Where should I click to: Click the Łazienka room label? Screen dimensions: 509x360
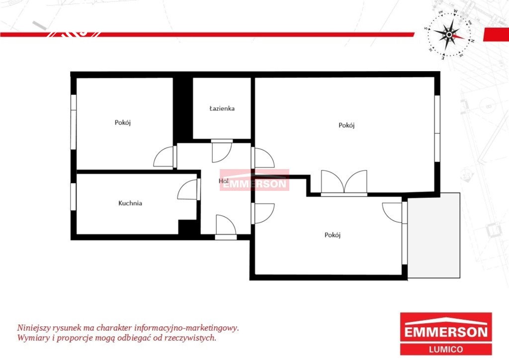[x=222, y=108]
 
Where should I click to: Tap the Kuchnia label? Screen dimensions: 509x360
[x=130, y=203]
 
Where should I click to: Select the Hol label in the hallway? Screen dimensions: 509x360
[x=224, y=181]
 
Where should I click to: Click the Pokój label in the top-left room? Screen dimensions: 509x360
[x=123, y=123]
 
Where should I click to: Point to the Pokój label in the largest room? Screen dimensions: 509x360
[x=346, y=125]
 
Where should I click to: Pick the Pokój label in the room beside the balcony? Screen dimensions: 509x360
[x=333, y=235]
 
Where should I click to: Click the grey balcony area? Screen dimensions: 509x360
[x=433, y=236]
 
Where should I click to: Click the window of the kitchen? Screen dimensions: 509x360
[x=74, y=197]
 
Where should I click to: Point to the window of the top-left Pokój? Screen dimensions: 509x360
[x=74, y=122]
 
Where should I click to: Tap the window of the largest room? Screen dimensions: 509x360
[x=437, y=128]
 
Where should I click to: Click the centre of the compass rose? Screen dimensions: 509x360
[x=449, y=34]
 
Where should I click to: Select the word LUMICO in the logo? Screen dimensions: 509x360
[x=446, y=349]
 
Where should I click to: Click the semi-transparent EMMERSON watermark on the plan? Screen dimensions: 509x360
[x=254, y=180]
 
